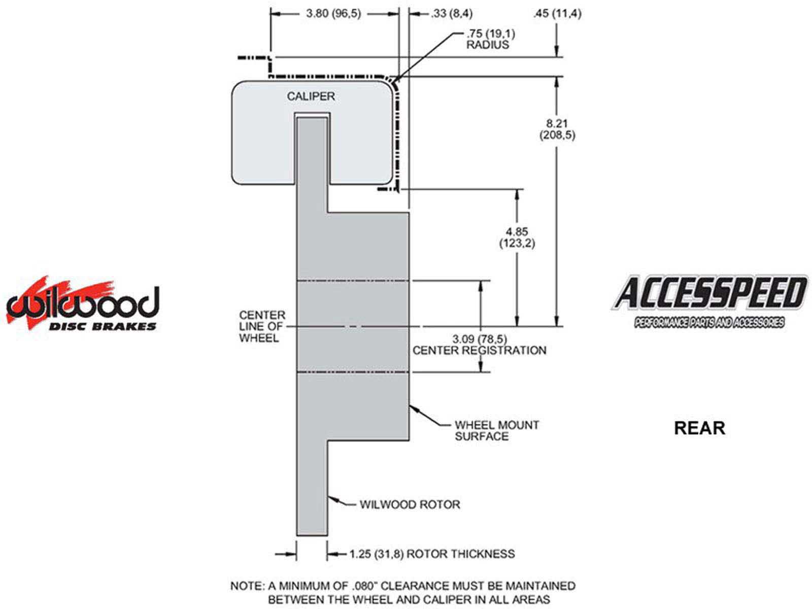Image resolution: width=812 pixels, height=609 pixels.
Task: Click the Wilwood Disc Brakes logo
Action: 83,304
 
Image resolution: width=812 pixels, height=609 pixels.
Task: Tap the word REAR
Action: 699,428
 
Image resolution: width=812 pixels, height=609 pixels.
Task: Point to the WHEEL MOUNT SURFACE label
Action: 496,430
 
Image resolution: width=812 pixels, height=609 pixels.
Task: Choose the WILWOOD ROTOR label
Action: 410,504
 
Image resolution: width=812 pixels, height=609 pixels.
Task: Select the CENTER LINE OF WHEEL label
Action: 262,326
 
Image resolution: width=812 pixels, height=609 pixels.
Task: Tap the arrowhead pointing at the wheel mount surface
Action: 413,407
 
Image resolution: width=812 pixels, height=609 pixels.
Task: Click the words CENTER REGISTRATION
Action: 479,350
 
